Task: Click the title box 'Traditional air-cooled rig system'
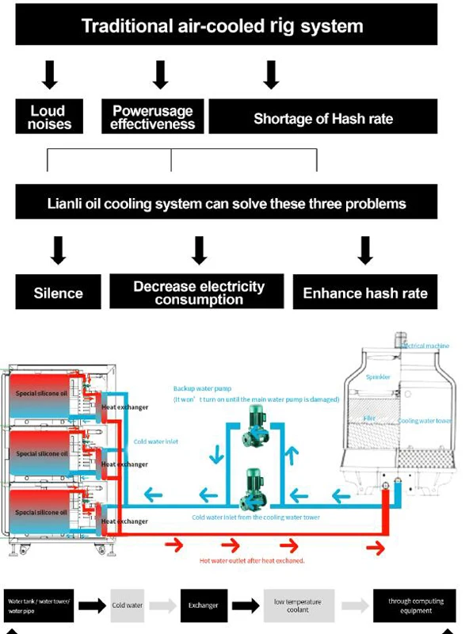(x=226, y=25)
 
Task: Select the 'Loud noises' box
(x=49, y=116)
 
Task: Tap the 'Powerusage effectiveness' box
(x=152, y=116)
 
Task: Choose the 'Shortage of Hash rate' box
(x=322, y=118)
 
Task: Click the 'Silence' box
(x=59, y=292)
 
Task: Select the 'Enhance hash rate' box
(x=365, y=292)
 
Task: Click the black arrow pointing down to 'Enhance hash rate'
(x=365, y=249)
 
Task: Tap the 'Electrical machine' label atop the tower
(x=426, y=346)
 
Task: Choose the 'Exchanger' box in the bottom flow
(x=203, y=605)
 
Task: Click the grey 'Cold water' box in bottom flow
(x=127, y=605)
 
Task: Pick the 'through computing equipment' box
(x=415, y=605)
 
